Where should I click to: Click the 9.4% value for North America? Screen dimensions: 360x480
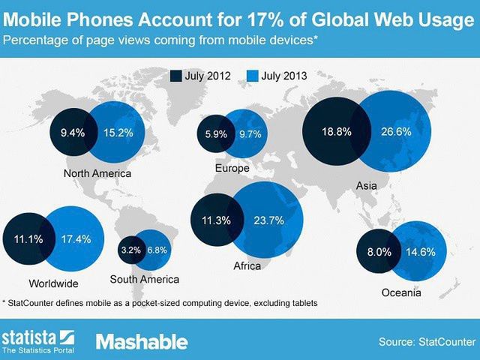(73, 133)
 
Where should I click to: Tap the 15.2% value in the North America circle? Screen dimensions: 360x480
(118, 133)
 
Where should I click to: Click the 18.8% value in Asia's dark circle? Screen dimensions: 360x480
(335, 130)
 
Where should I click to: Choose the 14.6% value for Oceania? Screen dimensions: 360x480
(421, 253)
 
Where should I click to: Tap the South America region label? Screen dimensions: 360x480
(144, 280)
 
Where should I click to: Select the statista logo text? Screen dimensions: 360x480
(30, 335)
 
